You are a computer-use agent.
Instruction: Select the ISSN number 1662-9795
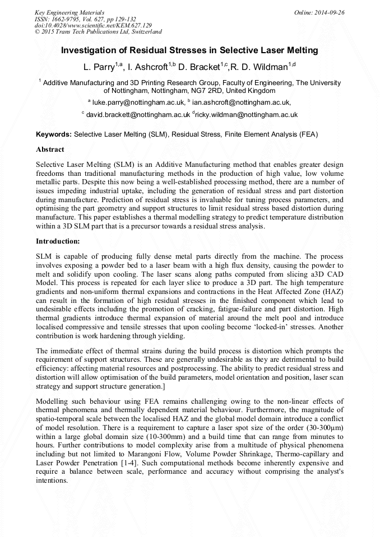click(x=66, y=19)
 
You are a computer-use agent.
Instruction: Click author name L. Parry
click(x=99, y=67)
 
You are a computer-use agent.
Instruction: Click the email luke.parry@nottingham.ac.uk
click(x=138, y=102)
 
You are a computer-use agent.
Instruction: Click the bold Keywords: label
click(x=53, y=135)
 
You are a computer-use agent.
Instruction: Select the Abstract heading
click(x=50, y=150)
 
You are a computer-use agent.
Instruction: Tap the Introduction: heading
click(x=58, y=241)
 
